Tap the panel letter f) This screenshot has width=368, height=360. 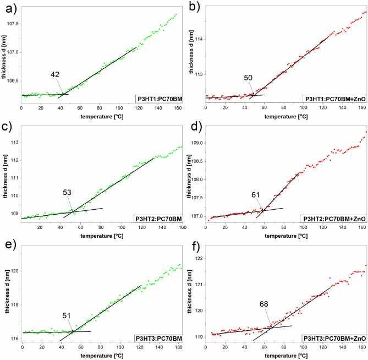pyautogui.click(x=192, y=249)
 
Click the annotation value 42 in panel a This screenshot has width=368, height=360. pyautogui.click(x=55, y=74)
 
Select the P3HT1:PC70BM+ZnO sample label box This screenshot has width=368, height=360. pyautogui.click(x=336, y=99)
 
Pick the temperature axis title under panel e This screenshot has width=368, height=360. pyautogui.click(x=97, y=356)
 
